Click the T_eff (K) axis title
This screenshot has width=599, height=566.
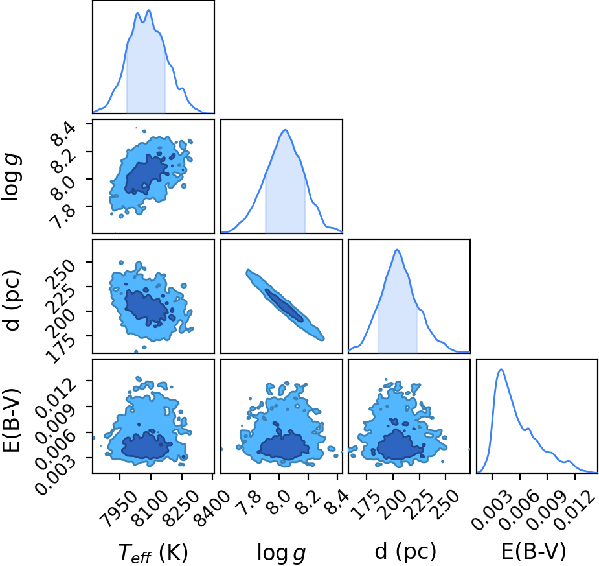(x=153, y=552)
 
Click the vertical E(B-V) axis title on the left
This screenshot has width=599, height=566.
(x=12, y=420)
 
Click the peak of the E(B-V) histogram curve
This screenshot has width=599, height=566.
(x=501, y=370)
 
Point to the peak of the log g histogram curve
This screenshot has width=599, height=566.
(x=285, y=130)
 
